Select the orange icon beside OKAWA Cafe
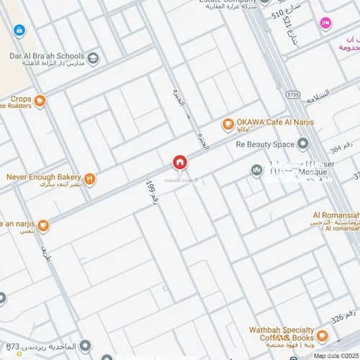pos(228,124)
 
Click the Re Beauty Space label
pos(265,144)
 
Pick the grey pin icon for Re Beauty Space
pos(302,144)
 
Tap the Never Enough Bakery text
pos(43,176)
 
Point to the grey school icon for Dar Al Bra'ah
pos(93,56)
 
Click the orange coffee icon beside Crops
pos(40,101)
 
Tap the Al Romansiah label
pos(336,215)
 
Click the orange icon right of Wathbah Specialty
pos(322,336)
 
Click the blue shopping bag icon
pos(19,31)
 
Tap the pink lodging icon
pos(325,24)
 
